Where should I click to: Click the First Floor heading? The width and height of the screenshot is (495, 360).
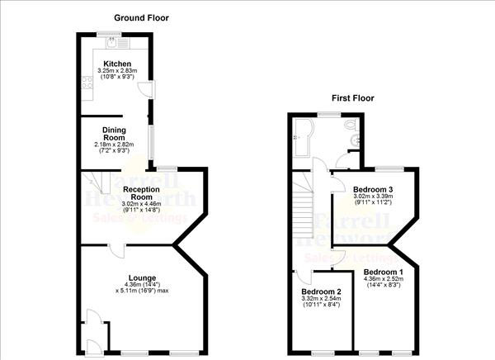[352, 97]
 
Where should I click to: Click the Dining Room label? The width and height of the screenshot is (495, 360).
[113, 133]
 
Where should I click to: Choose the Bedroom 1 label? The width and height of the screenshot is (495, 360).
[383, 272]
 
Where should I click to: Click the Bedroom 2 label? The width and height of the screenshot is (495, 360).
[320, 291]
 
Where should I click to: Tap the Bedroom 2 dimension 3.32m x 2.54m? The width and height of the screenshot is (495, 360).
[320, 300]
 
